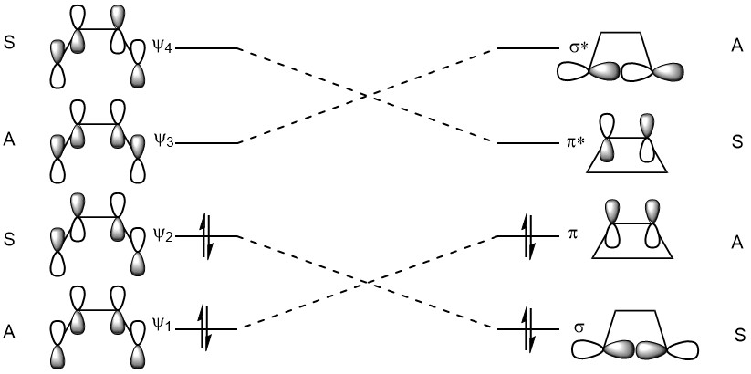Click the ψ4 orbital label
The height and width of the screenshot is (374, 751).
click(x=162, y=47)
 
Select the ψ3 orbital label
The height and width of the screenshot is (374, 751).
click(x=162, y=141)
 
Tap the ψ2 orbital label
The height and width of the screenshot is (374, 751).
click(x=162, y=234)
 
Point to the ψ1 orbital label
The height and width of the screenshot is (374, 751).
click(x=162, y=328)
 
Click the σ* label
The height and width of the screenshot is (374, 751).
click(x=574, y=47)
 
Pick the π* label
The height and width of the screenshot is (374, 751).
click(x=574, y=142)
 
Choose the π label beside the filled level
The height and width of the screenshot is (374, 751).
click(x=572, y=235)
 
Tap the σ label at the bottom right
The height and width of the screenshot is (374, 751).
click(x=579, y=328)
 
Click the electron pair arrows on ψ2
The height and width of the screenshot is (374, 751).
click(x=205, y=236)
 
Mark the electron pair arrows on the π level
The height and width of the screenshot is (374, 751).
click(x=528, y=236)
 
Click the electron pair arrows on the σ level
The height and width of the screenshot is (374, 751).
click(x=528, y=328)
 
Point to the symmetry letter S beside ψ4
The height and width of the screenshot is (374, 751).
click(x=9, y=43)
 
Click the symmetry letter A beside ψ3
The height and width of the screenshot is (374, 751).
click(x=9, y=142)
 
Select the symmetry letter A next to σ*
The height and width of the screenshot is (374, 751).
click(x=736, y=45)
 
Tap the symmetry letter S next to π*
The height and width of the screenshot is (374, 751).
click(x=737, y=142)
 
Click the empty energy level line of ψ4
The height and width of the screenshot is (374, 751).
click(x=207, y=48)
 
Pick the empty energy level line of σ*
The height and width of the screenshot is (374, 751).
click(x=527, y=48)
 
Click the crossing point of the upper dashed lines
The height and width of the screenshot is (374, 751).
click(x=368, y=96)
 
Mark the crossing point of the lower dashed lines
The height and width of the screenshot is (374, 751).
click(x=368, y=282)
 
